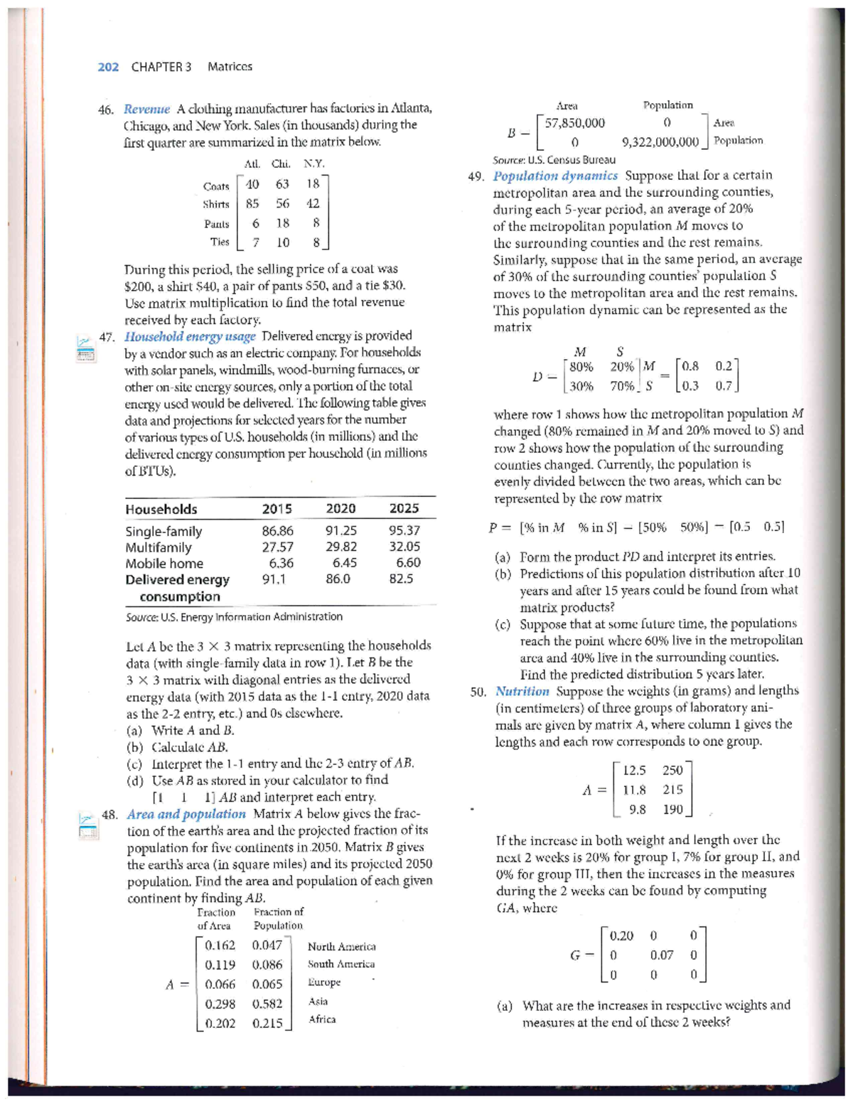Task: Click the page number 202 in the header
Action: [108, 67]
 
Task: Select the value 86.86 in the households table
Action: [277, 531]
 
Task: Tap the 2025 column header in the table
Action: [404, 508]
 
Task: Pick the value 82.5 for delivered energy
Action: [402, 579]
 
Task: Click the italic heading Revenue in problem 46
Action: [146, 109]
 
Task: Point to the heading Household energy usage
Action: [190, 336]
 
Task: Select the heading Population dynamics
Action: [555, 176]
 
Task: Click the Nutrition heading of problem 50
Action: [522, 691]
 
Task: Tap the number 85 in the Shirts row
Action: [252, 203]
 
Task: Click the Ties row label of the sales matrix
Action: [220, 242]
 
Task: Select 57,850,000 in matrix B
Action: [575, 123]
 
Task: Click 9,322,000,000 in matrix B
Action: [660, 141]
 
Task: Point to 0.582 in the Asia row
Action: [267, 1004]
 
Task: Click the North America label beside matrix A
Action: [342, 946]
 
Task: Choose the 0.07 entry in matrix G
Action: [662, 955]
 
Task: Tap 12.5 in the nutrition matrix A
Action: [634, 771]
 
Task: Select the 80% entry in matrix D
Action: [581, 367]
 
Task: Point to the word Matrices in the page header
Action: [230, 67]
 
